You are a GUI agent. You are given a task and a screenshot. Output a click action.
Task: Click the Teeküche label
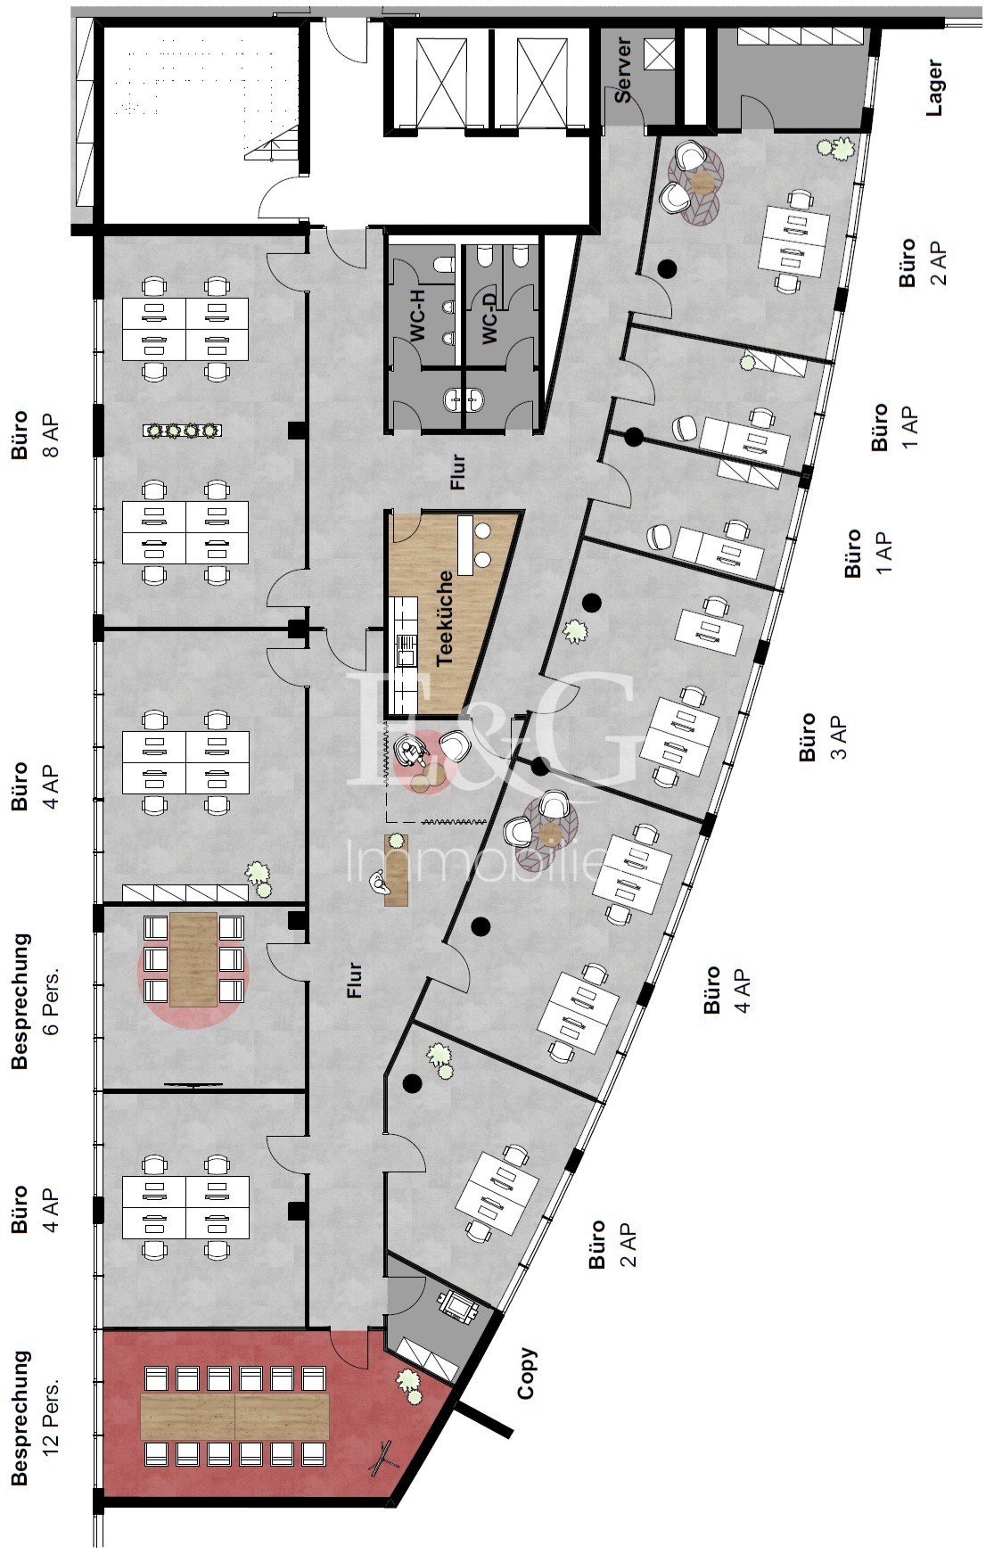point(445,618)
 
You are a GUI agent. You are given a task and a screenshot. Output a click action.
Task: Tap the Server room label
point(622,70)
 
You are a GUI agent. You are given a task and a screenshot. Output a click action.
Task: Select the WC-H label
point(418,313)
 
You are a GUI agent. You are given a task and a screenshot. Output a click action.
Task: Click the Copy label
point(527,1373)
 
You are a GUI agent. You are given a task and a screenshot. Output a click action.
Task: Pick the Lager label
point(934,87)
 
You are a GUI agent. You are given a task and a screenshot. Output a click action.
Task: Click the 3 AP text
point(838,736)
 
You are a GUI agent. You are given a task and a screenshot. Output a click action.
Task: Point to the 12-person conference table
point(234,1416)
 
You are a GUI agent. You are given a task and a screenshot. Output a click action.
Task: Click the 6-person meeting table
point(193,958)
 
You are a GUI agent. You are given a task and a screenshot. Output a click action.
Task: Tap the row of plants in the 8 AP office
point(182,431)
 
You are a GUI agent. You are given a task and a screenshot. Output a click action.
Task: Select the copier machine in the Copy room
point(458,1306)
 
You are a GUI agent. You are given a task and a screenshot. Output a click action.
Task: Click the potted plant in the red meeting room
point(409,1384)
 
